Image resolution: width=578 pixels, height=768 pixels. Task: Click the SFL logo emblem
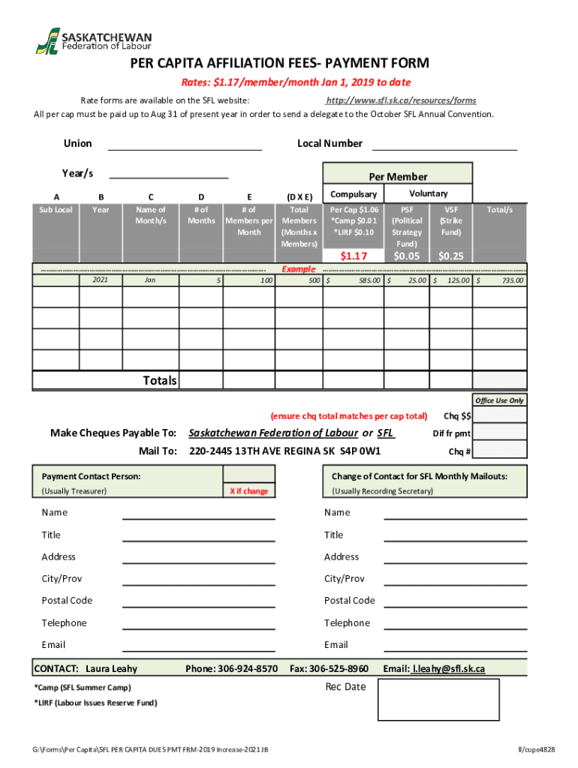pos(47,40)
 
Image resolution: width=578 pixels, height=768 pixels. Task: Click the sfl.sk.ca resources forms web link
pos(400,100)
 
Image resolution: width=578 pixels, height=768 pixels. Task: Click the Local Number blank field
pos(444,144)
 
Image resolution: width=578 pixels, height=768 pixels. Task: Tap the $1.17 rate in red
pos(353,256)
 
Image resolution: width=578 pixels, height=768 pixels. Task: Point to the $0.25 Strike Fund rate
pos(451,256)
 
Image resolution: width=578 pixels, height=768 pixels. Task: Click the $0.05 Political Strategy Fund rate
pos(406,256)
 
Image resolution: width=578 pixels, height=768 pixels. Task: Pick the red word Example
pos(298,268)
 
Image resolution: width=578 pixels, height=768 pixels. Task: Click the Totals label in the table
pos(160,381)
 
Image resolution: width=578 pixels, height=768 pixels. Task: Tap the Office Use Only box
pos(499,400)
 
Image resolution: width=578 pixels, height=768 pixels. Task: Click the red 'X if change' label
pos(248,491)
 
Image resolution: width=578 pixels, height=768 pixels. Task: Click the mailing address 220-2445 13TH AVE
pos(284,451)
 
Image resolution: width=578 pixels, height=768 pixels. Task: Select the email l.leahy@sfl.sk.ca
pos(449,668)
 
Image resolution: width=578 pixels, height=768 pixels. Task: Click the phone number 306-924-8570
pos(251,668)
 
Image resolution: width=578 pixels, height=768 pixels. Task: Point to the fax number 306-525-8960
pos(339,668)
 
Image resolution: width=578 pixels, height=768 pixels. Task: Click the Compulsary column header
pos(354,194)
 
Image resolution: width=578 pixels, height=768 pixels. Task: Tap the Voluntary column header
pos(429,193)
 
